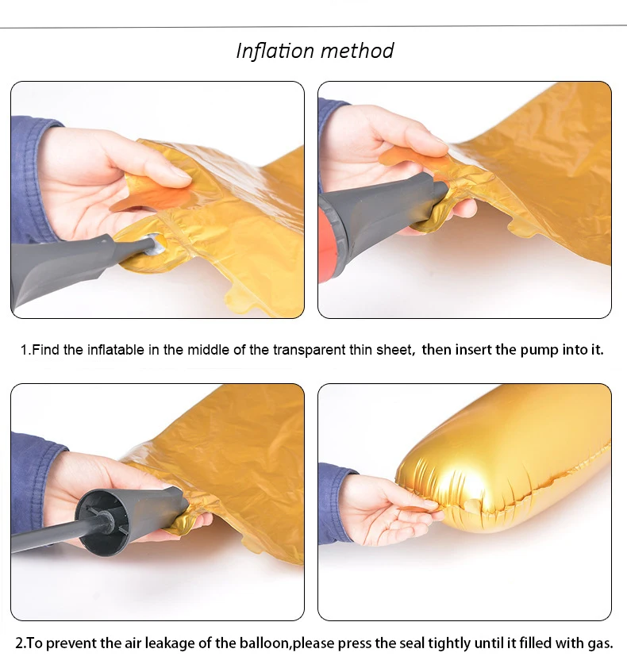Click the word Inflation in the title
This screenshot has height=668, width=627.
(x=275, y=51)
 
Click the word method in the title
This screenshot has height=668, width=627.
(x=357, y=51)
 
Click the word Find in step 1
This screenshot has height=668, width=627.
(x=45, y=350)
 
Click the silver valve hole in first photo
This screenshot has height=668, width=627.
(x=157, y=244)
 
